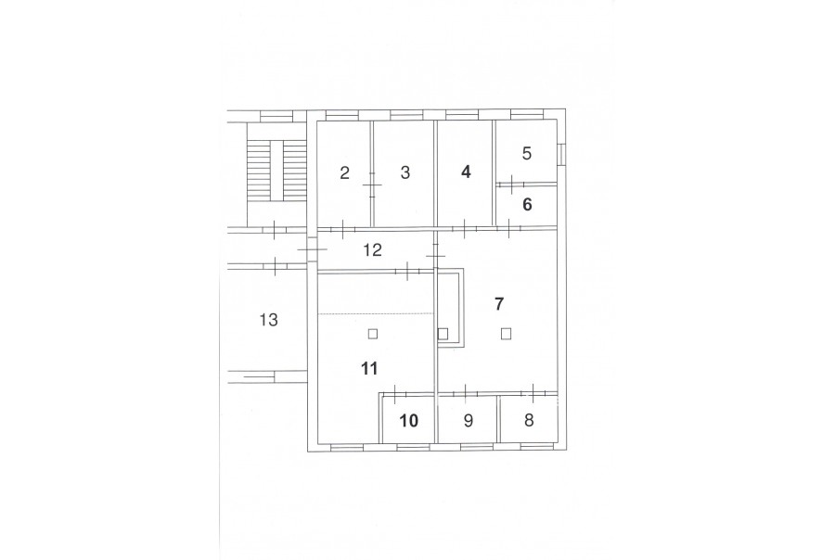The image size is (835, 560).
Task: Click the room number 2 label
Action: [x=344, y=173]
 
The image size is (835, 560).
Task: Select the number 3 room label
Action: [x=405, y=173]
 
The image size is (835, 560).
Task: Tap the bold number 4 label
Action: [x=466, y=172]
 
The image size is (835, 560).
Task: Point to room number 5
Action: [x=527, y=153]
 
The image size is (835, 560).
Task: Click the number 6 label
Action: [x=527, y=204]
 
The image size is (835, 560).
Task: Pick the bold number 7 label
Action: [x=498, y=304]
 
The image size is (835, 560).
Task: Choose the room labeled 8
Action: [x=529, y=421]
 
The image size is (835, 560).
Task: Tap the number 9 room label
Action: [x=469, y=421]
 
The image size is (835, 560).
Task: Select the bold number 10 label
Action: [x=409, y=421]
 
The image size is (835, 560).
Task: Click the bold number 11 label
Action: [x=369, y=368]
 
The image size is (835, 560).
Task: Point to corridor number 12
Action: [x=373, y=249]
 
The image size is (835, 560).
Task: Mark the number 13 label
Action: [x=269, y=320]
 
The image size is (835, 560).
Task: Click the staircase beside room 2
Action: [x=276, y=171]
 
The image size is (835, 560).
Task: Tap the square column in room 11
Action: [x=373, y=334]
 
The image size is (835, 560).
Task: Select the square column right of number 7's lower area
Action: [x=506, y=334]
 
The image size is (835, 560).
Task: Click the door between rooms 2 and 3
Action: [x=372, y=185]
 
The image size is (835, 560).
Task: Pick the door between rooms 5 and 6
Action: [x=511, y=185]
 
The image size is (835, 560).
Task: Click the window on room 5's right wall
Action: [x=560, y=154]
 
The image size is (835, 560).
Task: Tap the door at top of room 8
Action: [x=533, y=393]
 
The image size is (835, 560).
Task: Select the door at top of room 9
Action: [x=465, y=393]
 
